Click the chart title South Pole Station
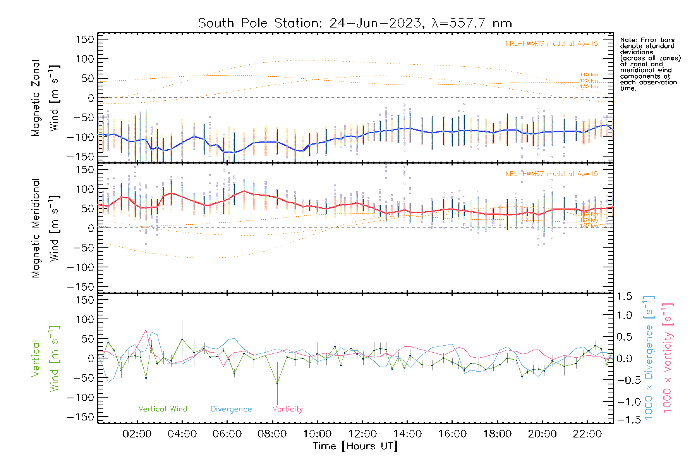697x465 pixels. click(355, 23)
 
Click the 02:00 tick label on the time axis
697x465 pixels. click(137, 434)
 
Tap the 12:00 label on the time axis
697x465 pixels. click(362, 434)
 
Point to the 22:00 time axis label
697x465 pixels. click(587, 434)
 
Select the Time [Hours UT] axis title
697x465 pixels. click(355, 446)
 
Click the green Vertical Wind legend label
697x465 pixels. click(163, 409)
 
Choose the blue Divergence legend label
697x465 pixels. click(231, 409)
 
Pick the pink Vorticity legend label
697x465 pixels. click(287, 409)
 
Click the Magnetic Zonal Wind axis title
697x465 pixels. click(45, 98)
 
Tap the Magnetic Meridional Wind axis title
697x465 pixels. click(45, 228)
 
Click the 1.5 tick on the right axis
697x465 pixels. click(624, 296)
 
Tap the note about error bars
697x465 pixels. click(650, 64)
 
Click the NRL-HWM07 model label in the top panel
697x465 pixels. click(551, 44)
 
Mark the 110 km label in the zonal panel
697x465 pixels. click(589, 75)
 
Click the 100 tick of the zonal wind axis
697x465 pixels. click(85, 59)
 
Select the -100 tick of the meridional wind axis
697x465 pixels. click(81, 267)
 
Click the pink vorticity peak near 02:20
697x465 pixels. click(146, 330)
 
